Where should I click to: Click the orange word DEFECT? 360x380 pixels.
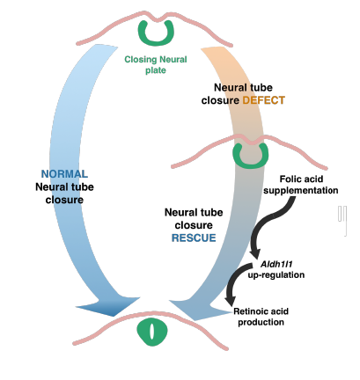(x=264, y=100)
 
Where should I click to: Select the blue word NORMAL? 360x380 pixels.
(x=64, y=174)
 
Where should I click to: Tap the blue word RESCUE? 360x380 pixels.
(x=194, y=237)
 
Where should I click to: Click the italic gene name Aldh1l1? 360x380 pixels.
(x=276, y=264)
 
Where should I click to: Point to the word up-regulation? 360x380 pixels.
(x=276, y=275)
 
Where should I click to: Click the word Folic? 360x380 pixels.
(x=290, y=179)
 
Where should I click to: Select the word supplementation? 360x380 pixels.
(x=301, y=191)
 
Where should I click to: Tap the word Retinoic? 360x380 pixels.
(x=249, y=311)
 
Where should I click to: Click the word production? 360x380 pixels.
(x=261, y=322)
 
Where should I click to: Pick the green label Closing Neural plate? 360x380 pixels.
(x=156, y=64)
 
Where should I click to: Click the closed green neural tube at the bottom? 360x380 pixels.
(x=152, y=332)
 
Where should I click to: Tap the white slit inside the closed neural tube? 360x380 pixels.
(x=152, y=332)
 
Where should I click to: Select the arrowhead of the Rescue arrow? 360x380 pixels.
(x=200, y=310)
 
